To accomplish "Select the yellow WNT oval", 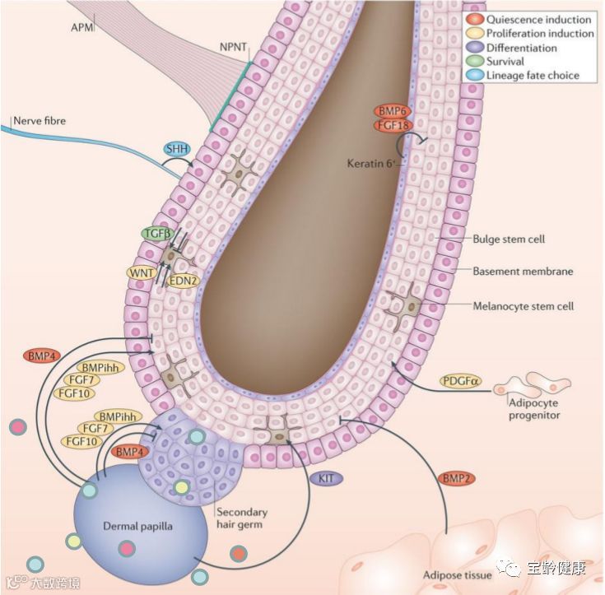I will [x=141, y=272].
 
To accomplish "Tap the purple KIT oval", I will [x=324, y=477].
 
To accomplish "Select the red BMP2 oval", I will [x=454, y=477].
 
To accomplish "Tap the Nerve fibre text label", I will [x=39, y=121].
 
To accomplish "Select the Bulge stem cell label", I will [x=510, y=239].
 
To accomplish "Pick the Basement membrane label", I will [x=523, y=271].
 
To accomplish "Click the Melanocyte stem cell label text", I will [x=524, y=306].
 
